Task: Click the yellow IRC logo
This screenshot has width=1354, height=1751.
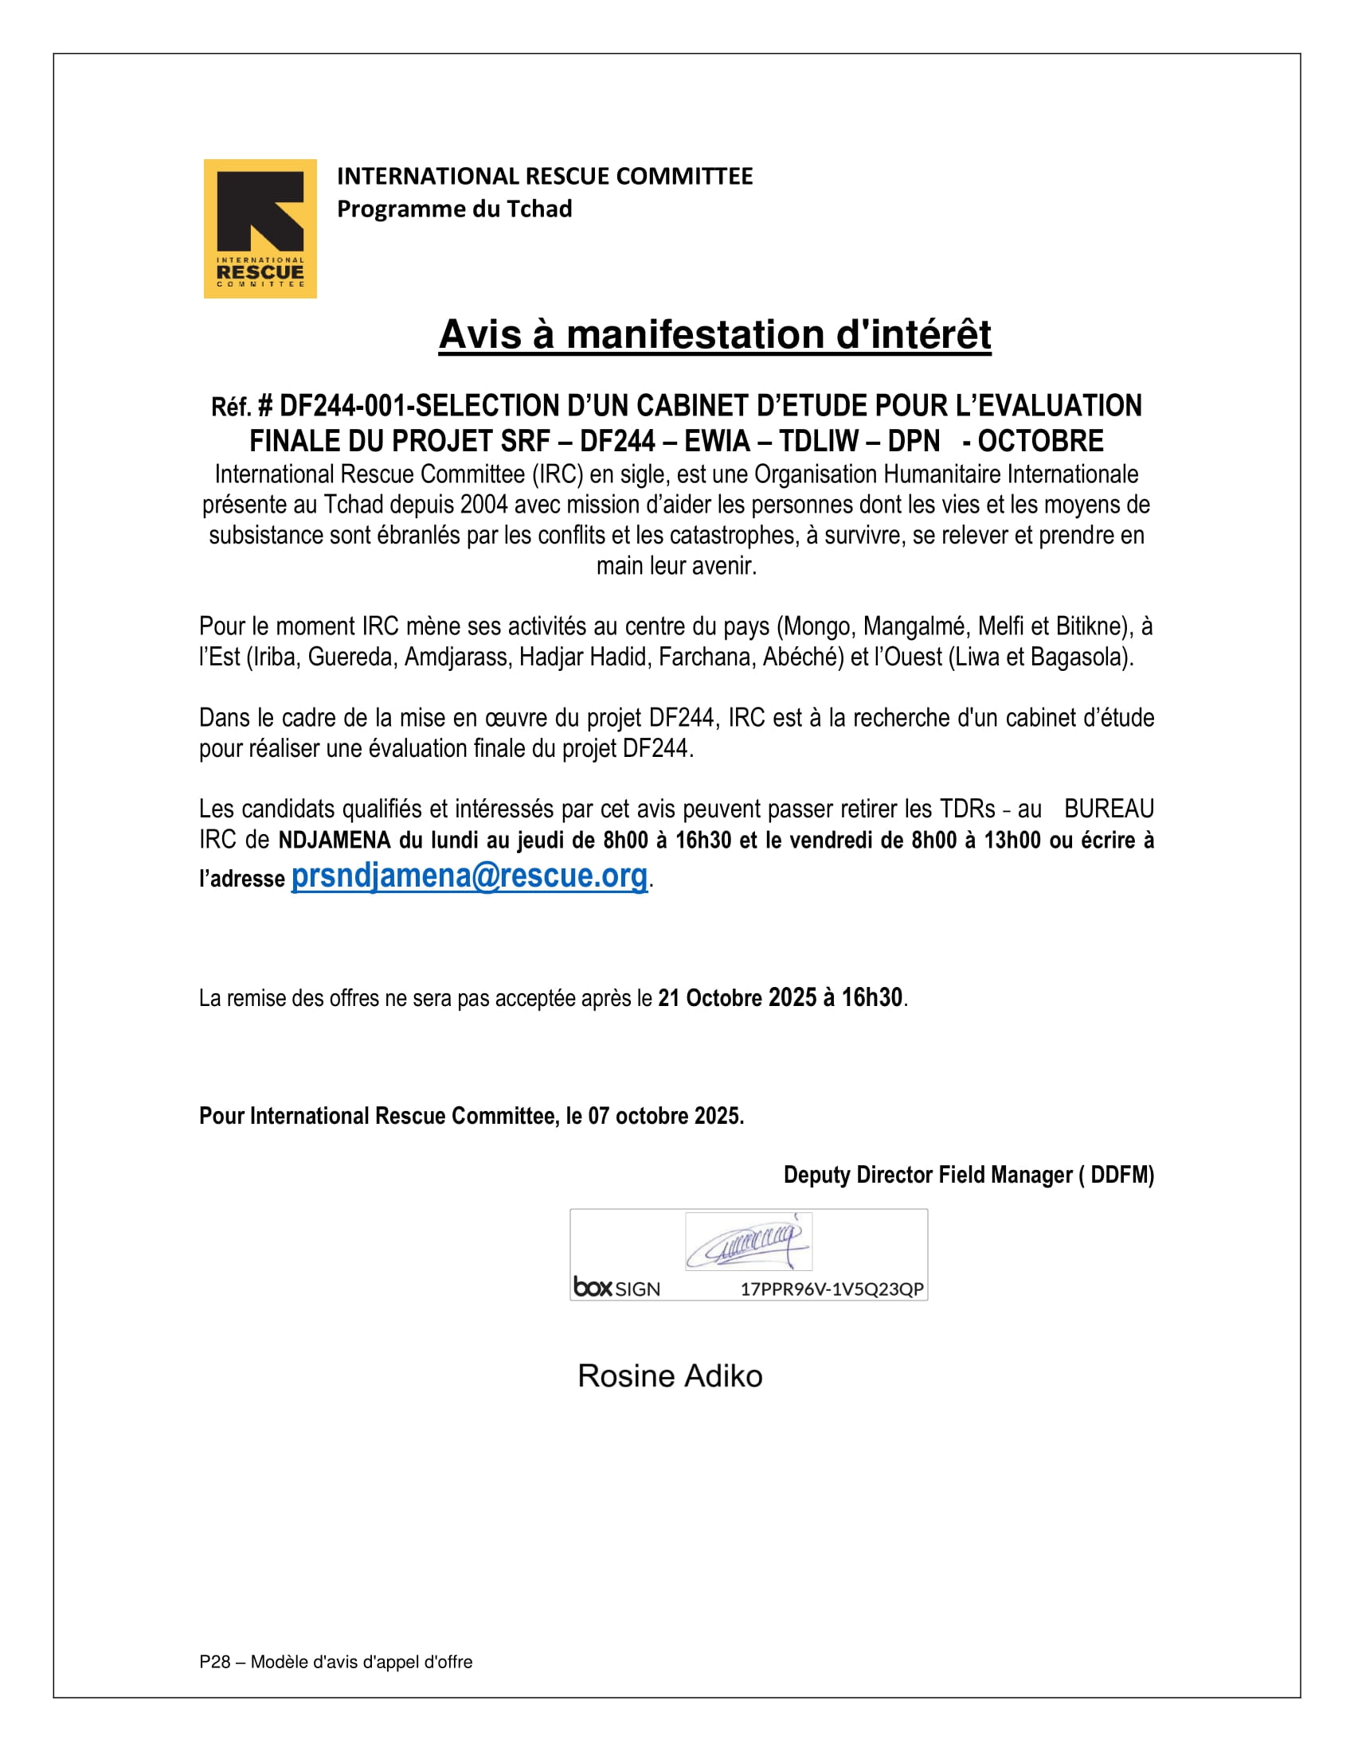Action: tap(260, 228)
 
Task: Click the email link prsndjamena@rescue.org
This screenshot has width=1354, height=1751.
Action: tap(468, 875)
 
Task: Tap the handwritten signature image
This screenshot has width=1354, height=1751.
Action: tap(749, 1242)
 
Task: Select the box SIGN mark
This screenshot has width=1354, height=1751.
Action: tap(616, 1289)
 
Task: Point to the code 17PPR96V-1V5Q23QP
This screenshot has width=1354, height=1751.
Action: tap(831, 1289)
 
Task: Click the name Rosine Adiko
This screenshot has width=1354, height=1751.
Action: tap(670, 1376)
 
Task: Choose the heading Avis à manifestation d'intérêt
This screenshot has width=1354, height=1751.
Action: tap(714, 334)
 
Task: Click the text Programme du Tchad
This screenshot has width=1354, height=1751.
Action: tap(454, 209)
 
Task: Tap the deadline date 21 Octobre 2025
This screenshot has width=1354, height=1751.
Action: tap(737, 998)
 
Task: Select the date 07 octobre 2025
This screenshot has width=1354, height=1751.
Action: tap(665, 1116)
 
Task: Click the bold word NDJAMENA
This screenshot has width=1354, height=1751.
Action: tap(334, 840)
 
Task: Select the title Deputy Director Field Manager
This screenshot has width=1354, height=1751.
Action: tap(927, 1176)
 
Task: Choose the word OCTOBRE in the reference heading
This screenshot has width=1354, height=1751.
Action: tap(1040, 442)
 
